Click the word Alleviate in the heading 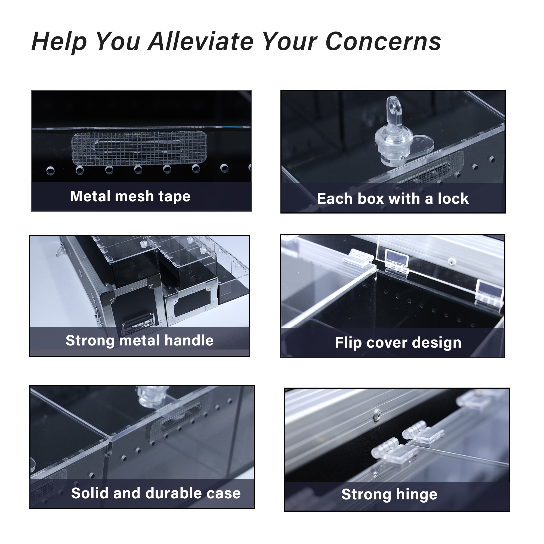tap(201, 41)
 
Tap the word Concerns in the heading tap(383, 41)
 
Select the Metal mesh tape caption tap(130, 196)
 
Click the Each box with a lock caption tap(393, 199)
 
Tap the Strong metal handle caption tap(140, 341)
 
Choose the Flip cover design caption tap(398, 343)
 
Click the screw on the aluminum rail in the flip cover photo tap(451, 262)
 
